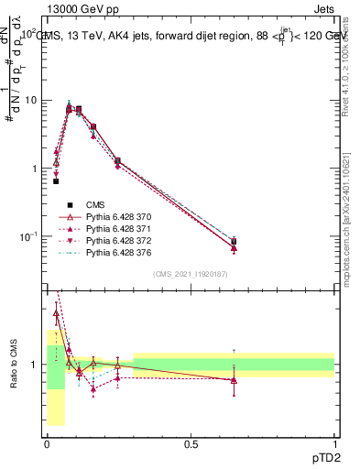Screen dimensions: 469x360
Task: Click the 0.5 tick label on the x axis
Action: click(191, 444)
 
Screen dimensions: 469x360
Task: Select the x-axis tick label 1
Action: click(334, 444)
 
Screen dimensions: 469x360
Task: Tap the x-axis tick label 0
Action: click(47, 444)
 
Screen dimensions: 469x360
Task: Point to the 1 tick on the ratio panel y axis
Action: click(38, 365)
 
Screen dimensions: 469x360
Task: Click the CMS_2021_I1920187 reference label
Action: click(191, 274)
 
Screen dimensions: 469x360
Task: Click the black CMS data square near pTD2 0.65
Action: click(234, 242)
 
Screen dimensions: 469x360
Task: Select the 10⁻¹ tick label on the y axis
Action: click(31, 236)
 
